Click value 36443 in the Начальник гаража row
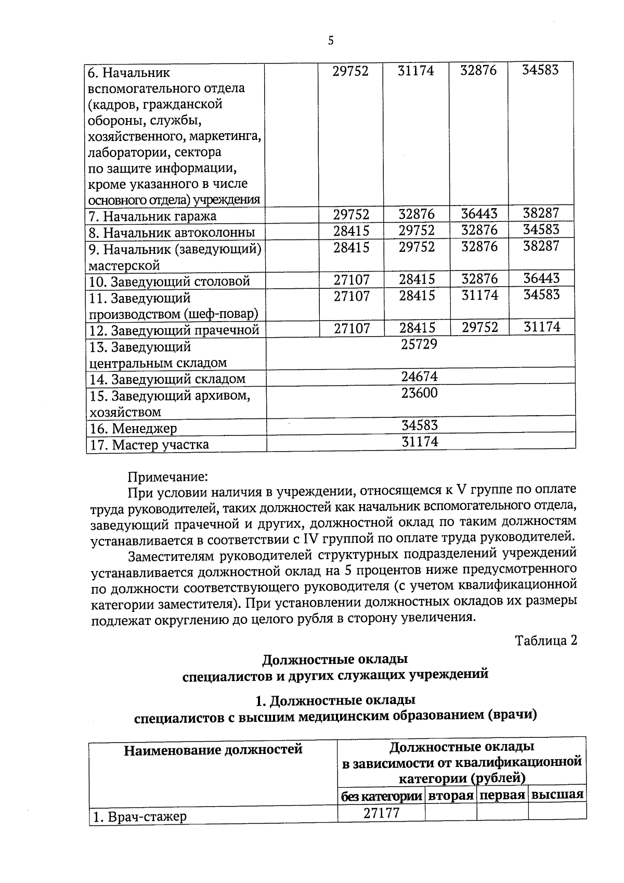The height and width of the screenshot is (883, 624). coord(479,214)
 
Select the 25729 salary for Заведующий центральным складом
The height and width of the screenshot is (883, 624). coord(419,344)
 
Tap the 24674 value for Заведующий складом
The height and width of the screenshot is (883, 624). coord(419,376)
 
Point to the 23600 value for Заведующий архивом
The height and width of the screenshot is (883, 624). coord(419,393)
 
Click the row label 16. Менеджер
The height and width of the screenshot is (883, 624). coord(134,429)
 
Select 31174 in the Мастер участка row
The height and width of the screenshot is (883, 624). coord(420,442)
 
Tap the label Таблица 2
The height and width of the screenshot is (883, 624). coord(546,640)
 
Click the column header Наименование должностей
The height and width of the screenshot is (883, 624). coord(213,750)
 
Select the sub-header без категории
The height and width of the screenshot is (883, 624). coord(381,796)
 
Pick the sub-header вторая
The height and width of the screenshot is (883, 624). coord(450,796)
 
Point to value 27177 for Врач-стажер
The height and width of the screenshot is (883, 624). coord(381,813)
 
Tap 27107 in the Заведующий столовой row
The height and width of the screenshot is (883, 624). coord(352,279)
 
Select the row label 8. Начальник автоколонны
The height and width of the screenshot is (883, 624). coord(172,233)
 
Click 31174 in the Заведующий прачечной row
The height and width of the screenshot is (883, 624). coord(542,327)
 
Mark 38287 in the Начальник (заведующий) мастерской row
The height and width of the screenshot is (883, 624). coord(541,247)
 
